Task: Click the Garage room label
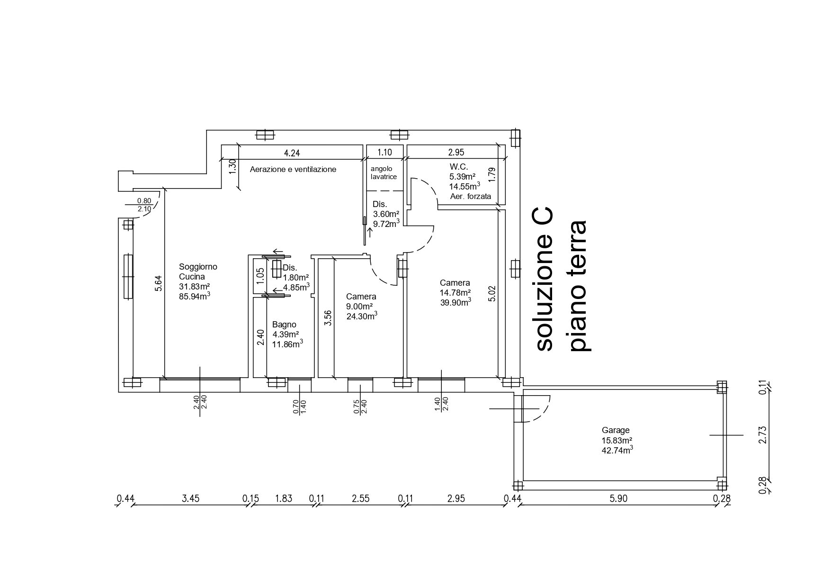click(x=616, y=430)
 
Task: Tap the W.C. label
click(x=458, y=167)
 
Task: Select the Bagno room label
click(x=284, y=325)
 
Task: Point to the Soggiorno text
click(x=198, y=267)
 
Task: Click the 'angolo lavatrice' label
click(x=384, y=172)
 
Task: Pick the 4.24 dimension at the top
click(x=292, y=153)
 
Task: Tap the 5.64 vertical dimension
click(x=159, y=283)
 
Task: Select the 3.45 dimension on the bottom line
click(x=191, y=498)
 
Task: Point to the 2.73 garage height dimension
click(x=762, y=434)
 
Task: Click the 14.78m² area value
click(x=455, y=292)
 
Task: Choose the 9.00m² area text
click(x=359, y=306)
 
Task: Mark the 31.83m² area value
click(x=194, y=287)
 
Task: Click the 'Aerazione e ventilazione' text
click(x=293, y=169)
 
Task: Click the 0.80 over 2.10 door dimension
click(x=144, y=205)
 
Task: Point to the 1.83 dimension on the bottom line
click(x=284, y=498)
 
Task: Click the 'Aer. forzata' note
click(x=470, y=196)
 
